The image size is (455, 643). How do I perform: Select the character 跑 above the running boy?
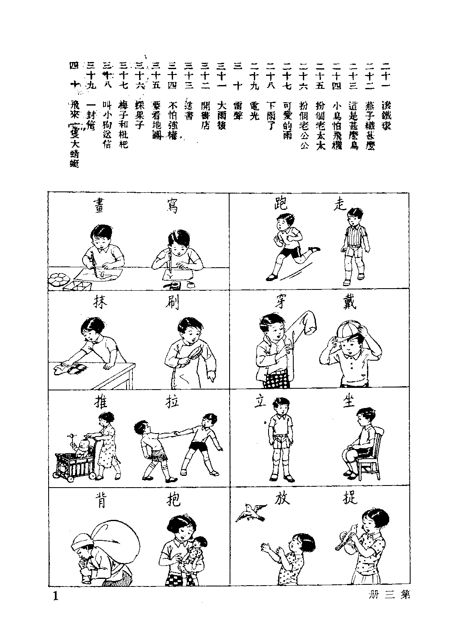(x=279, y=204)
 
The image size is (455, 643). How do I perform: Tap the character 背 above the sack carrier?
(x=101, y=501)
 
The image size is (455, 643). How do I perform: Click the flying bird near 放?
(x=251, y=512)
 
